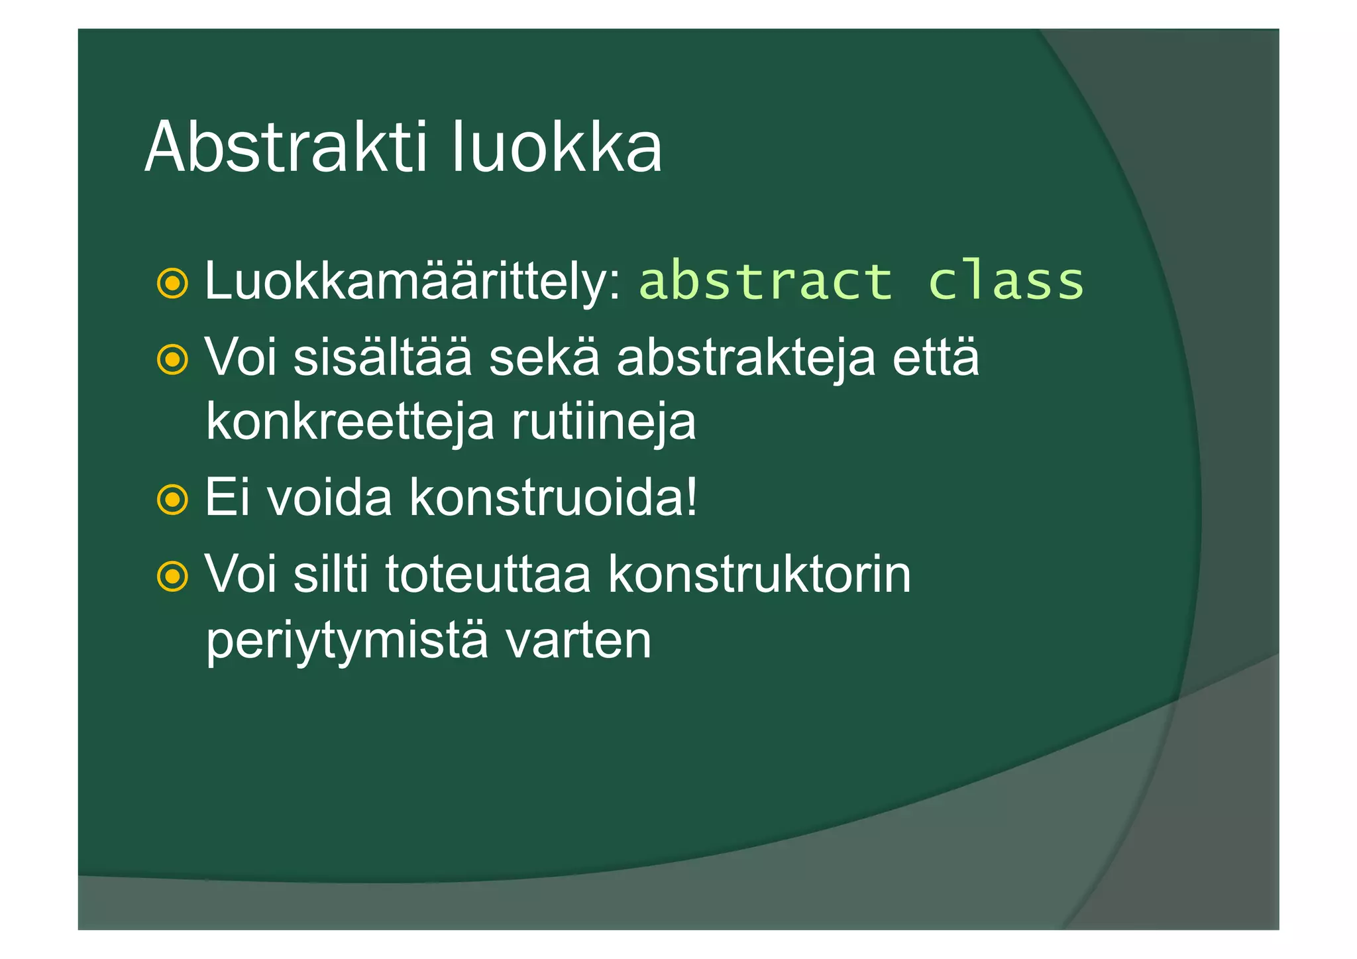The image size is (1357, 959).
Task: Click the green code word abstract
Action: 766,281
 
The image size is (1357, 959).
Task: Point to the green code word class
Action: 1006,281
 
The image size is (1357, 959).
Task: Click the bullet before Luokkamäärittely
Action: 173,284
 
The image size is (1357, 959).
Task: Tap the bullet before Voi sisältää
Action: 173,360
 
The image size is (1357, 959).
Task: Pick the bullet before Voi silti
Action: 173,576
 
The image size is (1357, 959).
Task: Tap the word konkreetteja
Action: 350,422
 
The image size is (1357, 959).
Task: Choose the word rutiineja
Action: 603,422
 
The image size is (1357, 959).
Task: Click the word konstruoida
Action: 543,497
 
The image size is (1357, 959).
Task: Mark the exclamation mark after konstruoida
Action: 692,497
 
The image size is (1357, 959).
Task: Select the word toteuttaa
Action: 488,574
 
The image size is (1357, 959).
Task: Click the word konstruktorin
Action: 759,574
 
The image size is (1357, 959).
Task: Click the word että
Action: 936,357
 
